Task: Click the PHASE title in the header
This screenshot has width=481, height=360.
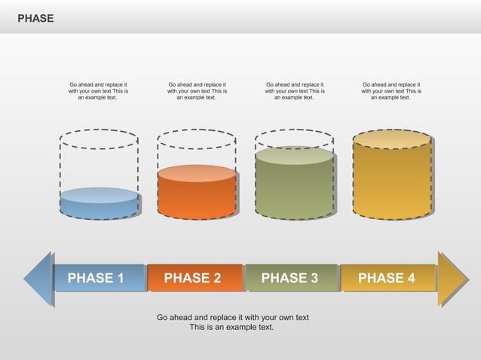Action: (35, 18)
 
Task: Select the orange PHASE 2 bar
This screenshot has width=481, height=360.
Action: (194, 278)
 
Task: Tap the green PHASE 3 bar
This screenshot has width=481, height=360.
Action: (291, 278)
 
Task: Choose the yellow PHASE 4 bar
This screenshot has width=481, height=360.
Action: (388, 278)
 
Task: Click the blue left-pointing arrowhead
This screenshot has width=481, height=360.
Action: (38, 279)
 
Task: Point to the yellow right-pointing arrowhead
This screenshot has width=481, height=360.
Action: (452, 279)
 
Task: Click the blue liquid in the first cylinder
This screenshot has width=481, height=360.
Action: (99, 204)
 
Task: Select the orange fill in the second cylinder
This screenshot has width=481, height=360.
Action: (197, 194)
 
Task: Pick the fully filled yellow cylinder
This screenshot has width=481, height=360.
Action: (392, 177)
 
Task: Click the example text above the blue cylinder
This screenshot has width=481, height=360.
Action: (98, 91)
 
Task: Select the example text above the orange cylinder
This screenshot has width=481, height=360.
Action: (197, 91)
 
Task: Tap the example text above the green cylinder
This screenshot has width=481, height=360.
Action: (294, 91)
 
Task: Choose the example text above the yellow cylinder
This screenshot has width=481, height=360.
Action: (391, 91)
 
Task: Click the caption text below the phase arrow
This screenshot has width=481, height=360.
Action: (232, 322)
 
